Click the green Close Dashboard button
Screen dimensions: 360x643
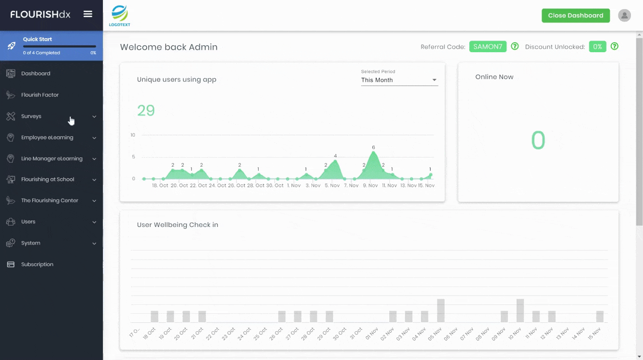pos(575,16)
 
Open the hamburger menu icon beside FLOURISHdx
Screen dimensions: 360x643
pos(88,14)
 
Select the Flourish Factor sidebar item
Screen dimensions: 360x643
pos(40,95)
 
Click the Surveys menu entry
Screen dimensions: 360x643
pos(31,116)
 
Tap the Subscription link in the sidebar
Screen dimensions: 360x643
pos(37,265)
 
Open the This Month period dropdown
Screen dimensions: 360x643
pos(399,80)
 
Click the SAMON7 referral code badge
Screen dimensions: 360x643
pos(487,47)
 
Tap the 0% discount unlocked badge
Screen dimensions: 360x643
pos(597,47)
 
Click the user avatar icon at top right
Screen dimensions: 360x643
pos(624,16)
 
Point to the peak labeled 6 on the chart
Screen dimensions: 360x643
pos(373,153)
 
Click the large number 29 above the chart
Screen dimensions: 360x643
pos(146,110)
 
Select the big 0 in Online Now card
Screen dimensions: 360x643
pos(538,141)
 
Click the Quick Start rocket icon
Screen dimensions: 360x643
pos(11,46)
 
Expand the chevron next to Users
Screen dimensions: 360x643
pos(94,222)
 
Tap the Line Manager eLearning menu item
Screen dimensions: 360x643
pos(51,159)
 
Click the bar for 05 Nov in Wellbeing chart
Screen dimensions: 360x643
pos(441,311)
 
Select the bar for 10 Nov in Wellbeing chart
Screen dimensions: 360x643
pos(520,311)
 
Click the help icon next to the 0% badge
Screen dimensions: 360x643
pos(614,47)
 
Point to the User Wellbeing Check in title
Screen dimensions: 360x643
pos(177,225)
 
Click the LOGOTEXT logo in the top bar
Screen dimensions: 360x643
pos(120,16)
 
